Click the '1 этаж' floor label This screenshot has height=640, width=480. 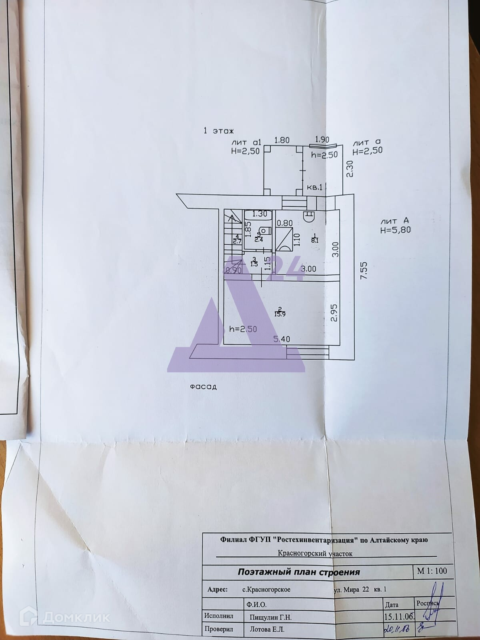218,130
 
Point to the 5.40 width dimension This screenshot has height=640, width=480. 282,339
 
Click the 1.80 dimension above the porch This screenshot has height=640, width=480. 282,140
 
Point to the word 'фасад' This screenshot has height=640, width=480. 203,387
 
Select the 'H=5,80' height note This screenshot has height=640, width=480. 395,230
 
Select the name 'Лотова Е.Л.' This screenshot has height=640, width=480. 264,630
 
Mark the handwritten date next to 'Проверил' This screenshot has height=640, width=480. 396,630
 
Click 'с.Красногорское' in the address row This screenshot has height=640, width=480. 266,590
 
